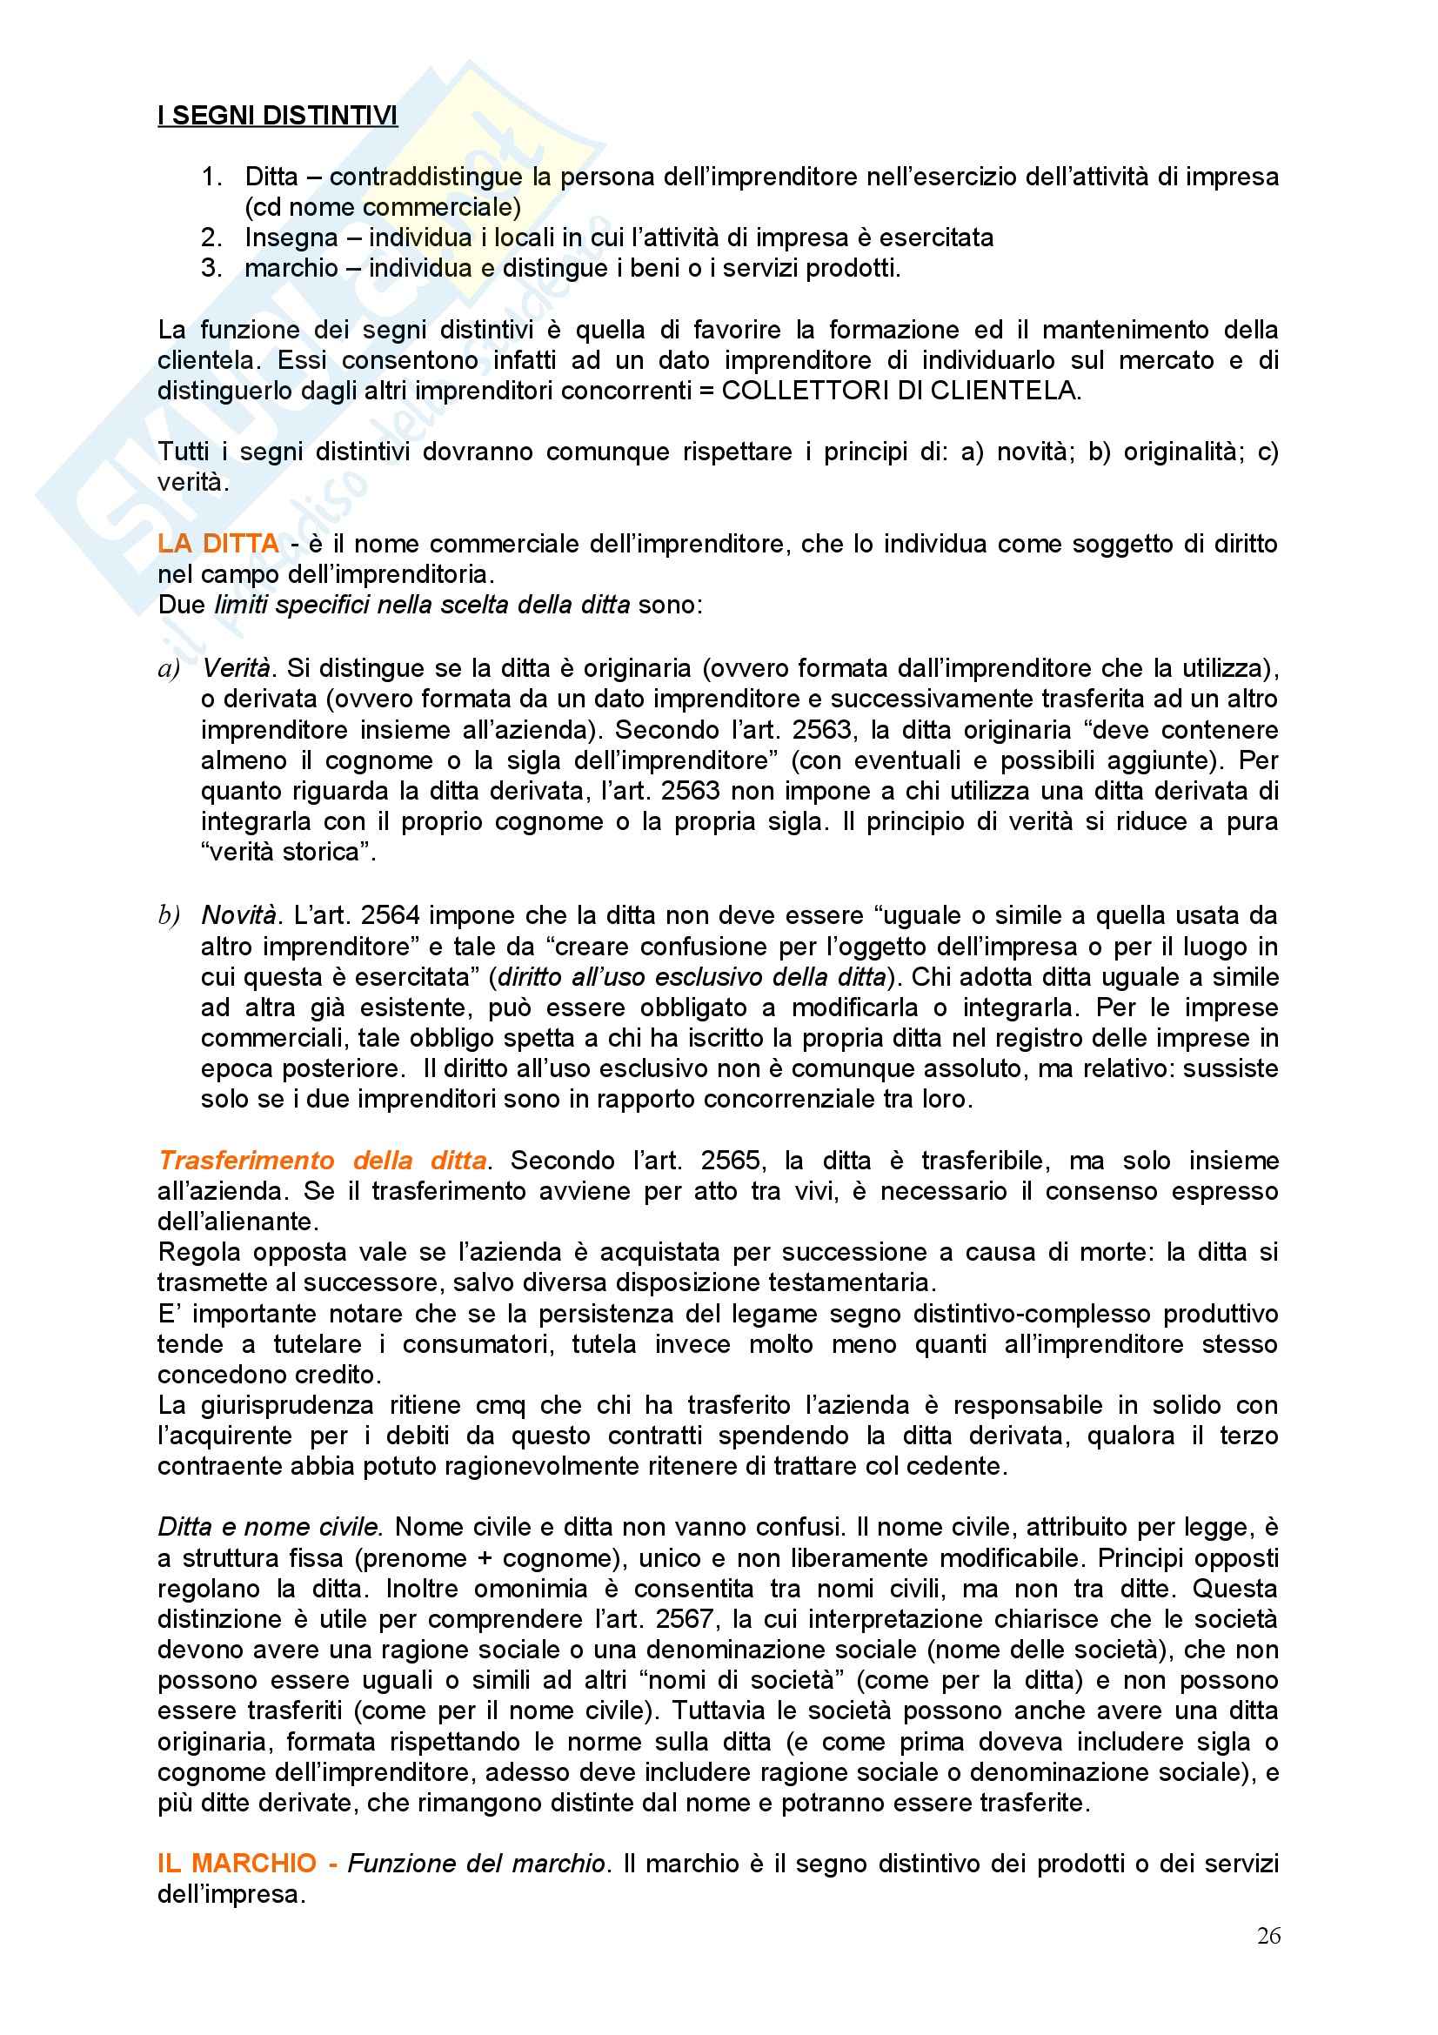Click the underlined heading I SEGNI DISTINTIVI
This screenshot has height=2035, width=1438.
278,115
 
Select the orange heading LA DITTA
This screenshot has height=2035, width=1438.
218,543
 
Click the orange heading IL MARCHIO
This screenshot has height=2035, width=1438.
237,1863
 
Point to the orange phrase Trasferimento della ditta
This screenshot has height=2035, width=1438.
323,1161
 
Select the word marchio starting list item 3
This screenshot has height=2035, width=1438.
291,268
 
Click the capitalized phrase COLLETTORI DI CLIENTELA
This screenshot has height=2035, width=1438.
900,391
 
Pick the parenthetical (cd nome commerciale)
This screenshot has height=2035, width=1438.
383,207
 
